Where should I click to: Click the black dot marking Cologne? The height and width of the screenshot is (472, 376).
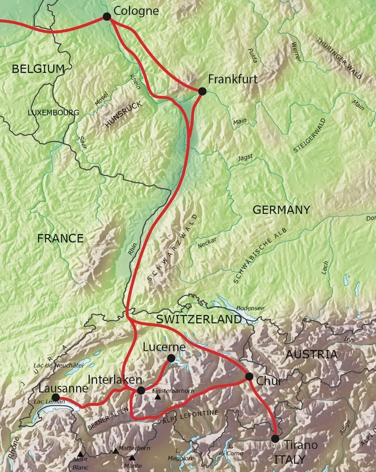[x=107, y=16]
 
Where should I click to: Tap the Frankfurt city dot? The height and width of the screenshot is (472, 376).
[x=202, y=91]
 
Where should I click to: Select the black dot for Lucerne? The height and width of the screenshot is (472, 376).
[x=171, y=358]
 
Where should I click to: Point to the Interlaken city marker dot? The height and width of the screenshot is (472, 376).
[x=141, y=391]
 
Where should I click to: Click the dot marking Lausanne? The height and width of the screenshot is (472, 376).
[x=55, y=397]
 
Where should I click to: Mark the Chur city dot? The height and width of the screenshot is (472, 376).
[x=249, y=376]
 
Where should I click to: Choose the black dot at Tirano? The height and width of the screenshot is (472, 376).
[x=275, y=439]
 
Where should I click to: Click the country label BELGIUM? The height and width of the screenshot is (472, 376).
[x=38, y=69]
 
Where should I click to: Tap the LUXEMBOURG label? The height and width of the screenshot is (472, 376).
[x=53, y=113]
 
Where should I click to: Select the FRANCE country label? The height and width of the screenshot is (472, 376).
[x=61, y=239]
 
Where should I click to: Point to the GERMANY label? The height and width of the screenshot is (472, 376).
[x=281, y=210]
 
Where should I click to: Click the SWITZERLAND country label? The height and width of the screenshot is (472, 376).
[x=199, y=319]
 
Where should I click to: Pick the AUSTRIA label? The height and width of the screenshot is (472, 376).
[x=311, y=354]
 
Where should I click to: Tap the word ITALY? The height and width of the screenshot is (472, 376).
[x=289, y=459]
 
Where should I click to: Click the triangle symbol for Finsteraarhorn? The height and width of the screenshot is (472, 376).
[x=158, y=397]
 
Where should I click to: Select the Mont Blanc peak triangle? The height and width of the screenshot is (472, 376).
[x=80, y=454]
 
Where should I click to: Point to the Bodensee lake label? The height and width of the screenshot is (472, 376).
[x=250, y=308]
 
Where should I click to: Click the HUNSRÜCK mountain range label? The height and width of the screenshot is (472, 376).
[x=122, y=114]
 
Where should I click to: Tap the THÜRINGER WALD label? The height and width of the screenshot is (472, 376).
[x=339, y=58]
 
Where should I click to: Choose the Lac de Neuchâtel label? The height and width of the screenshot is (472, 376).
[x=58, y=365]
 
